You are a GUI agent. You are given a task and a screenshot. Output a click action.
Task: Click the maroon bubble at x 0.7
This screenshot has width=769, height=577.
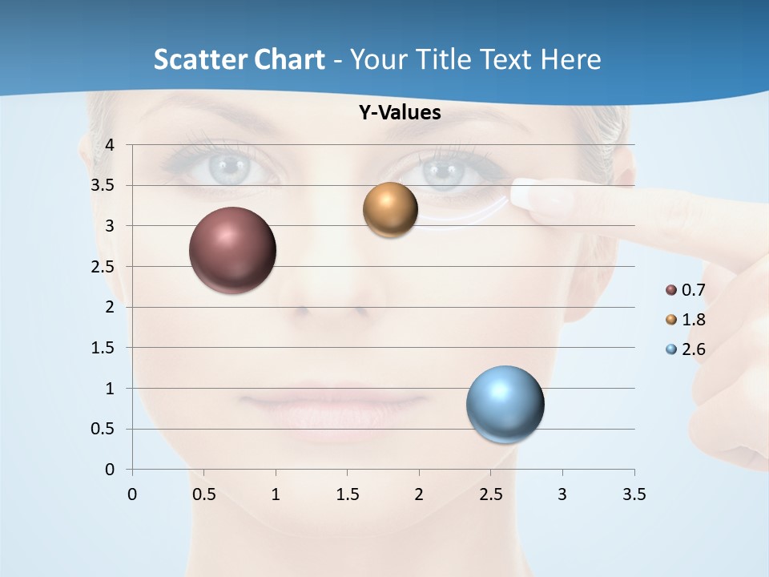(x=233, y=250)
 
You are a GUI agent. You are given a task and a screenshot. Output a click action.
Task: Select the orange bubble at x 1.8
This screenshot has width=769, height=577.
(x=391, y=210)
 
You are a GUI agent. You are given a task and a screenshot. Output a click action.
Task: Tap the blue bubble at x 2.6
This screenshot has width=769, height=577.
(x=505, y=405)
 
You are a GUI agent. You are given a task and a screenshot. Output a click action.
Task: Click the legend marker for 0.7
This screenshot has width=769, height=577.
(x=671, y=290)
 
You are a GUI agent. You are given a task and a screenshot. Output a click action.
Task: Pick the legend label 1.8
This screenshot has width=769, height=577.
(x=693, y=320)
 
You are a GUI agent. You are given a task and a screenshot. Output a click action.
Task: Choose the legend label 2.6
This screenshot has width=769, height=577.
(x=693, y=349)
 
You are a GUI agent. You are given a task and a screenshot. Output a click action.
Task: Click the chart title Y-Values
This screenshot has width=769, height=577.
(x=400, y=113)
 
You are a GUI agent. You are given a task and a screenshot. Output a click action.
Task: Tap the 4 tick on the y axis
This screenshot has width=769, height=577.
(x=111, y=145)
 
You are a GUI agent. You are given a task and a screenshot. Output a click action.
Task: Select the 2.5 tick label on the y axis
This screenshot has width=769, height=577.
(x=103, y=267)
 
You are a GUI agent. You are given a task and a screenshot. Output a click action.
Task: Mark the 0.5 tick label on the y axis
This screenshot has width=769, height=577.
(x=103, y=429)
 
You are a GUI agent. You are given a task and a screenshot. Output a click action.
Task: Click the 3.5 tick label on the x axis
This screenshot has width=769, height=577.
(x=634, y=495)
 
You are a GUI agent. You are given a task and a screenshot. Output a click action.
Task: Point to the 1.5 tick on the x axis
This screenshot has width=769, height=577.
(x=347, y=495)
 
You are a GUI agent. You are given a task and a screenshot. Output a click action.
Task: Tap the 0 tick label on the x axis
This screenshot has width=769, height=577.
(x=132, y=495)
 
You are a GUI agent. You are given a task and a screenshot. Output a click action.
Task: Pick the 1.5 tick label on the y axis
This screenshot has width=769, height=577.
(x=103, y=348)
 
